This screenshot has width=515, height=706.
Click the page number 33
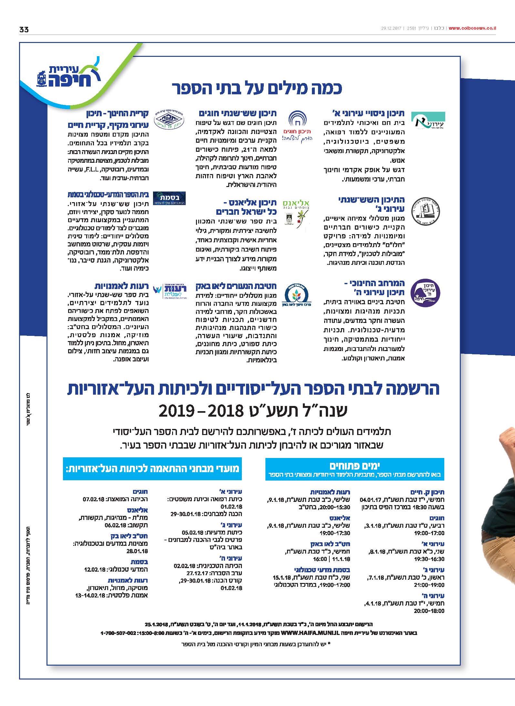pos(24,29)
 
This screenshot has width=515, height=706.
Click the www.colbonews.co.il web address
pos(472,28)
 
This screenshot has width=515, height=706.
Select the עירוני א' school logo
pos(428,121)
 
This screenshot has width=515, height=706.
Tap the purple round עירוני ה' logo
pos(425,293)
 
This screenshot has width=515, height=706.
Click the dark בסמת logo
pos(169,198)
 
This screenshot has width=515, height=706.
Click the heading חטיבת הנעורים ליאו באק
pos(236,286)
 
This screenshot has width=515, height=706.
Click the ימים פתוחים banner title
pos(355,465)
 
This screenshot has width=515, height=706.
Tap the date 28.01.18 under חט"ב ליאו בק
pos(137,551)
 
